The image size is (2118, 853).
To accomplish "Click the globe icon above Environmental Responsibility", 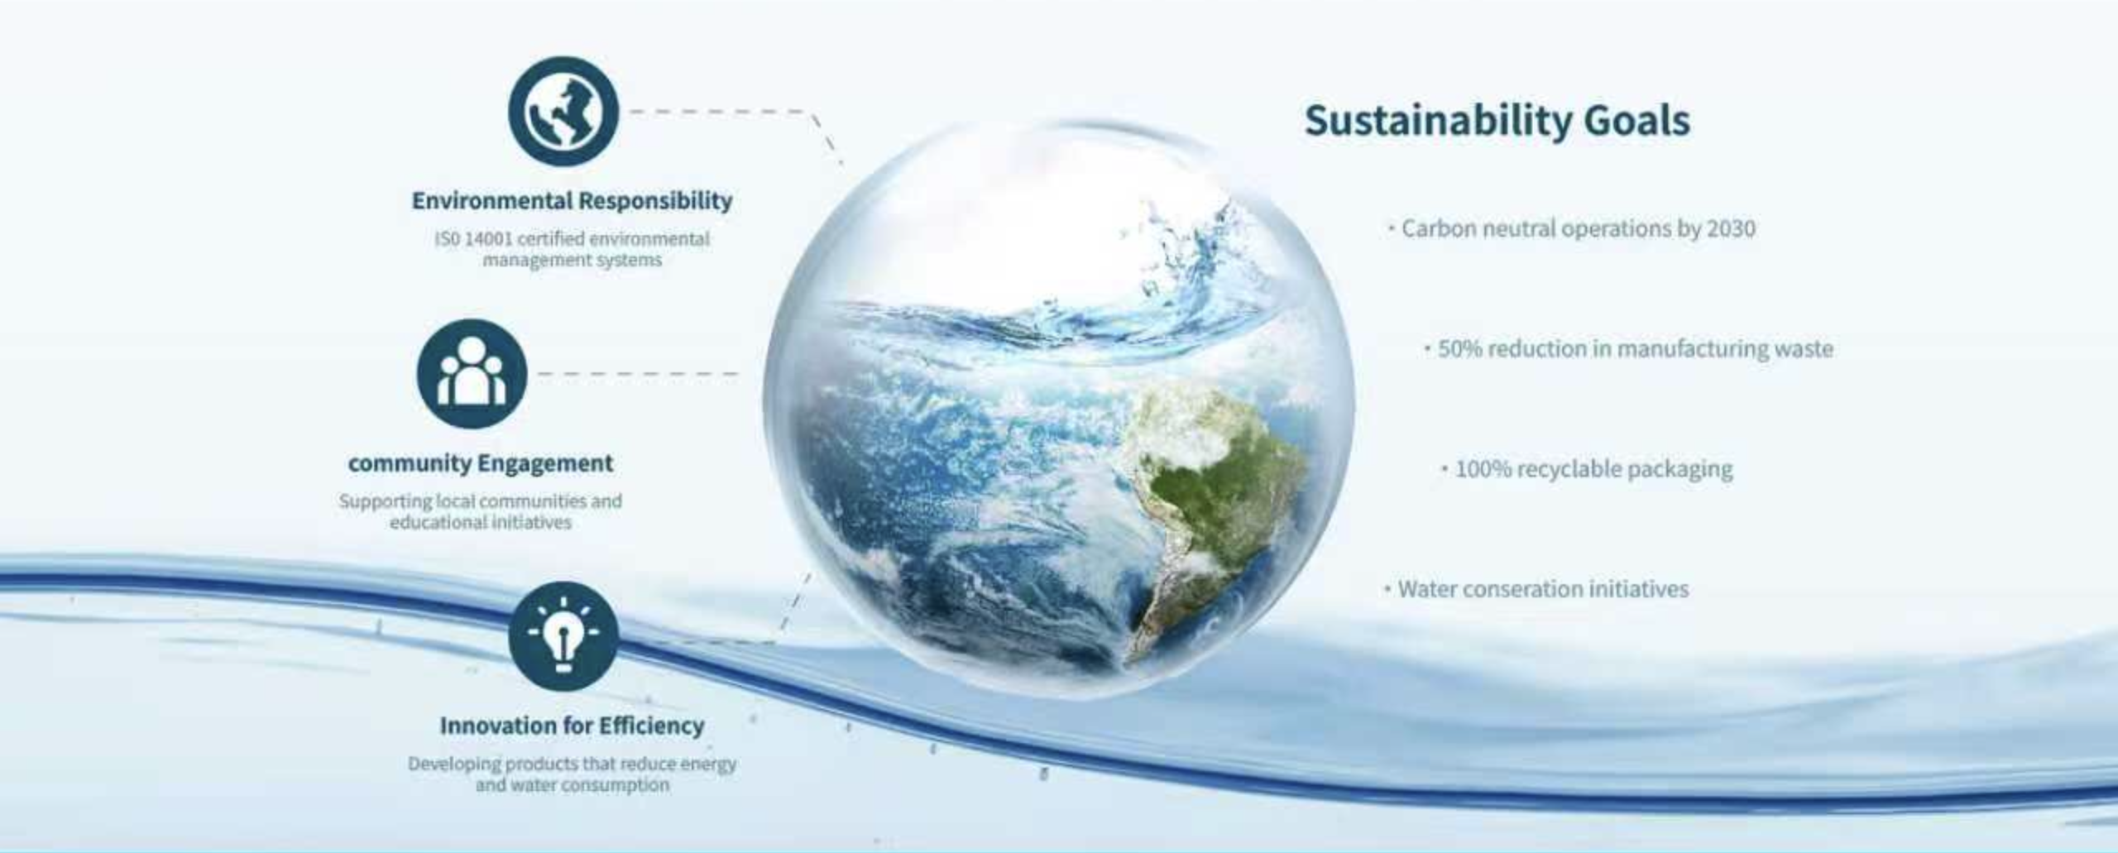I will tap(563, 111).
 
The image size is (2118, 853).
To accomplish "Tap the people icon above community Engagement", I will tap(472, 373).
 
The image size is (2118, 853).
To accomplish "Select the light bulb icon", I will tap(563, 636).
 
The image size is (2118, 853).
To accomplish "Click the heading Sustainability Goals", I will tap(1497, 121).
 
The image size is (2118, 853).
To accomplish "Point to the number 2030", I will tap(1731, 228).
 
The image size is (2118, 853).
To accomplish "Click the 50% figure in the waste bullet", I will tap(1459, 349).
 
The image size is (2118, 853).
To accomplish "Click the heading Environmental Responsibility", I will tap(572, 200).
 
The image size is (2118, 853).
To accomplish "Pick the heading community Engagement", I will tap(481, 463).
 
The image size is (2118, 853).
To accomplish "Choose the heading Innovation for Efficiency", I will tap(572, 726).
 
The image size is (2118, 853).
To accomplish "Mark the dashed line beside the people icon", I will tap(637, 374).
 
